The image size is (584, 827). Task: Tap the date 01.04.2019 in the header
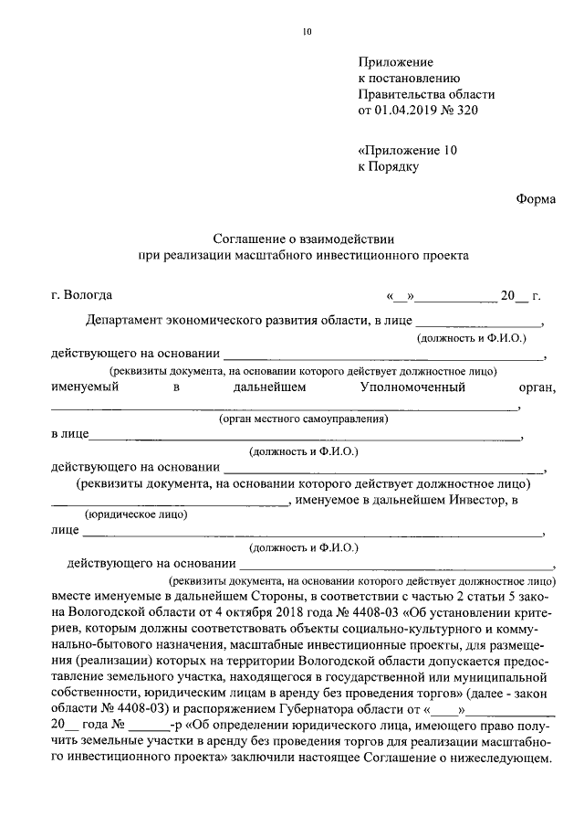pos(406,111)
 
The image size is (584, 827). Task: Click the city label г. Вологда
pos(82,295)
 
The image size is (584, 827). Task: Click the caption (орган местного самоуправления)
pos(304,419)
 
